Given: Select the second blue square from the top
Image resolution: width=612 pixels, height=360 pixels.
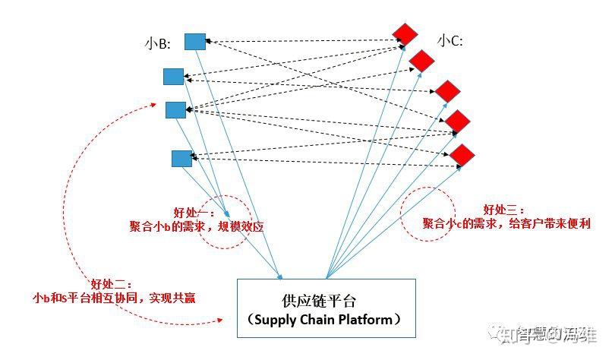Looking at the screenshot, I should click(174, 76).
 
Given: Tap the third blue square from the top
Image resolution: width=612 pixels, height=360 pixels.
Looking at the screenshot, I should click(176, 110).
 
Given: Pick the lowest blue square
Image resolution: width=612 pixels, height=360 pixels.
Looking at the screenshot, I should click(181, 158).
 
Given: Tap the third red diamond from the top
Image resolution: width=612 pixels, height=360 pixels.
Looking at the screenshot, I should click(448, 91).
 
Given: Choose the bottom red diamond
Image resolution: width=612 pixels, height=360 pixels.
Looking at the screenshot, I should click(462, 154).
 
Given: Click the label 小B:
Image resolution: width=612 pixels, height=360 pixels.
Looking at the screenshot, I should click(157, 44).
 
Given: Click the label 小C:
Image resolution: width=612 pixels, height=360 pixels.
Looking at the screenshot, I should click(450, 41).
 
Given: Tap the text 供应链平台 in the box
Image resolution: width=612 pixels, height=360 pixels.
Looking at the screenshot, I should click(327, 301).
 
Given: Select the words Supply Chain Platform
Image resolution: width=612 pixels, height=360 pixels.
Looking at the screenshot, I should click(327, 320).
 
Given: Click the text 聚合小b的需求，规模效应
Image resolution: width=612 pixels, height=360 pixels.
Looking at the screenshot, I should click(196, 226).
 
